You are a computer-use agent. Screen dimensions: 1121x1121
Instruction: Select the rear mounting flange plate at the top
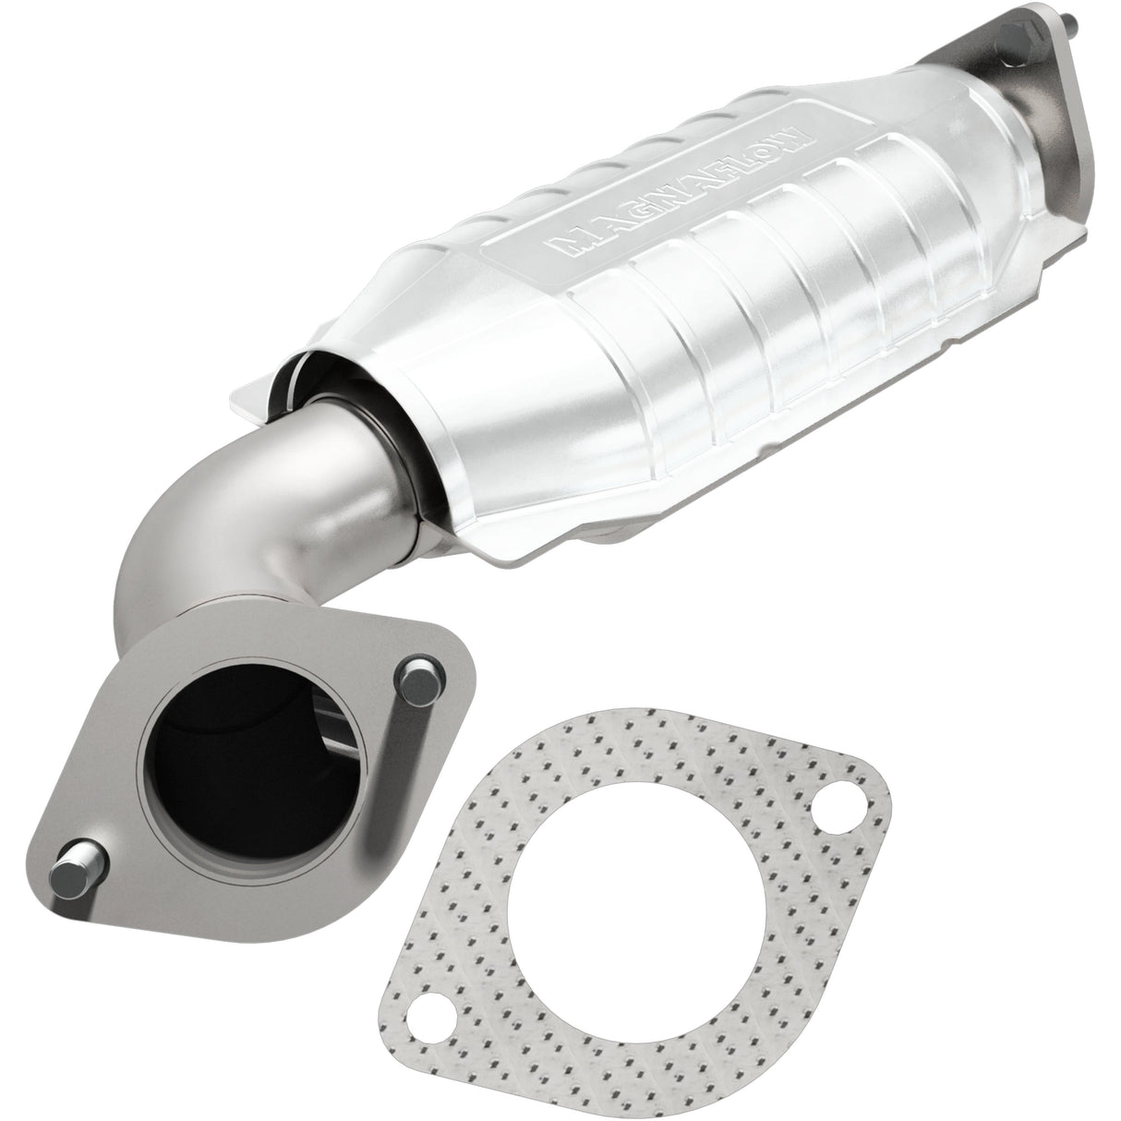point(1062,102)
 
